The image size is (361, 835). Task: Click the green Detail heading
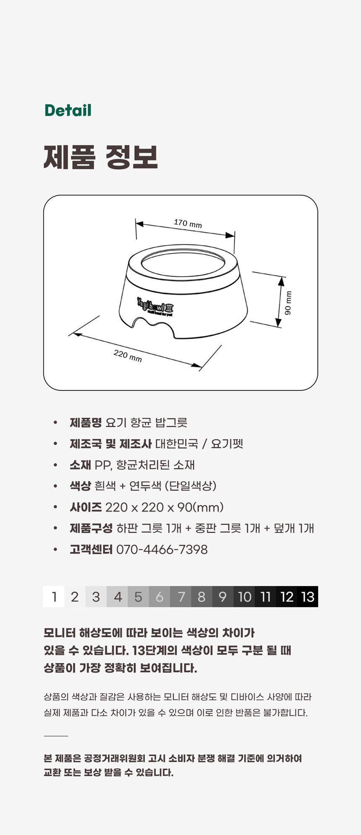(68, 110)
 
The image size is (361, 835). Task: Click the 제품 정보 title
(101, 157)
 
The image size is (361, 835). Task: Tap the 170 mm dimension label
(188, 223)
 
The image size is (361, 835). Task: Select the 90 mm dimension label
(288, 303)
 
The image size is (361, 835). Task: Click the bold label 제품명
(86, 422)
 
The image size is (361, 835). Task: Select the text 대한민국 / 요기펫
(199, 444)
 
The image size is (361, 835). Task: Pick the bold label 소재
(80, 465)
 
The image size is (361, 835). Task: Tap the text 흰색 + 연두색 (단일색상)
(156, 486)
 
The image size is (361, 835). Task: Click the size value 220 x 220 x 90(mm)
(164, 507)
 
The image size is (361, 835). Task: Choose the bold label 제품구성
(91, 528)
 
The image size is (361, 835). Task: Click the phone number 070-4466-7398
(162, 550)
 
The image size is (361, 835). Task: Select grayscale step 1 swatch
(54, 597)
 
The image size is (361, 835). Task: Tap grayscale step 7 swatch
(181, 597)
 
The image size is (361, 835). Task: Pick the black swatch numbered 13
(308, 597)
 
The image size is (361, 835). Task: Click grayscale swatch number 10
(244, 597)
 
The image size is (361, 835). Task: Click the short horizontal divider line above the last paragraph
(56, 736)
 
